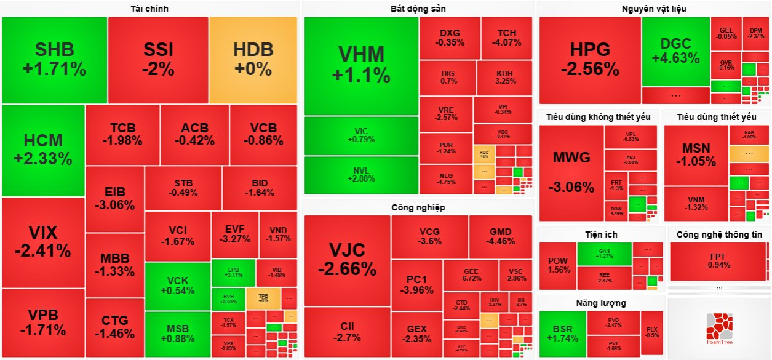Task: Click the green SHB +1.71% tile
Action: pos(54,60)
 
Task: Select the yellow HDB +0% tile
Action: pos(253,60)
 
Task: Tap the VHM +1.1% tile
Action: pos(361,65)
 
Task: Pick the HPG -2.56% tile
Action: pos(589,59)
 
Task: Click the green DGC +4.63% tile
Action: pos(675,52)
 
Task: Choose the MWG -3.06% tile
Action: pos(571,172)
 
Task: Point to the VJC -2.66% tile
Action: pos(347,260)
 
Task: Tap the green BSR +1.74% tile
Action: pos(562,334)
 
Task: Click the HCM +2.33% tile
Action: pos(43,150)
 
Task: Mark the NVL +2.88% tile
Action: pos(361,175)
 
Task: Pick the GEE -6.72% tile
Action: pos(471,275)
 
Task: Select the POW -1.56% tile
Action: pos(558,265)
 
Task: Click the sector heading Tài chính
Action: pos(149,9)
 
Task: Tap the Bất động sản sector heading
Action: pos(418,9)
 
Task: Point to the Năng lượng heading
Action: pos(601,303)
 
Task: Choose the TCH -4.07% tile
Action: pos(507,38)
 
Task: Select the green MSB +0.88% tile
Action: pos(178,333)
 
